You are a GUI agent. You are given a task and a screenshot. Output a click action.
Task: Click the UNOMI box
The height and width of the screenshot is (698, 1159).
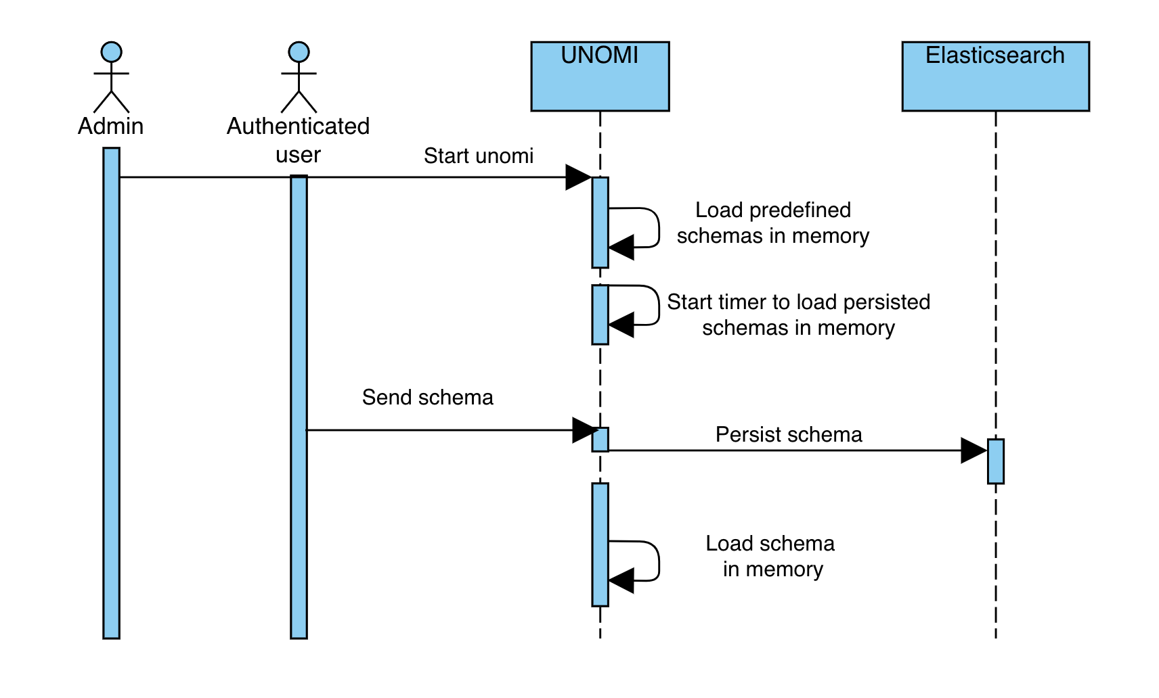(600, 76)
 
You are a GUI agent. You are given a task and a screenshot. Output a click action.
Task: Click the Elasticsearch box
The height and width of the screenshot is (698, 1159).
(995, 76)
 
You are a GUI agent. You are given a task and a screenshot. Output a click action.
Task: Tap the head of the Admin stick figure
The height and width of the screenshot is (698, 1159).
(111, 52)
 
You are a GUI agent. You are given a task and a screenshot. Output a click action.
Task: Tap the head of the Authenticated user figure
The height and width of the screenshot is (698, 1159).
(299, 52)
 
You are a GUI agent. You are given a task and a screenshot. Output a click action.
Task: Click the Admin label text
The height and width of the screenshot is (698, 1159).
(111, 126)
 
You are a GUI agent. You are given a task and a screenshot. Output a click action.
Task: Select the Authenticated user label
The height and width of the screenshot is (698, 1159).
(299, 140)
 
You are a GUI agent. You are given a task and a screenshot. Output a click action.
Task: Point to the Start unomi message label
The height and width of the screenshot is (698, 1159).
(478, 156)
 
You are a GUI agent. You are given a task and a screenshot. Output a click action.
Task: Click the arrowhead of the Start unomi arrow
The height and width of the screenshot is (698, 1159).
(579, 178)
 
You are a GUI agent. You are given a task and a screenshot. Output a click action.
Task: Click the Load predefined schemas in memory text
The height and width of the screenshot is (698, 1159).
(772, 223)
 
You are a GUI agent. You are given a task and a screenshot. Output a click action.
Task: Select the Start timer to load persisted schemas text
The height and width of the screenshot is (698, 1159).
(798, 315)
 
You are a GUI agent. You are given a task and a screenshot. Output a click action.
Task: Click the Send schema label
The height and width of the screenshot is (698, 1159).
(427, 397)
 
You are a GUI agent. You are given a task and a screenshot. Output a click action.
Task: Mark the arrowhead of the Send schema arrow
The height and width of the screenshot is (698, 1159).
(585, 430)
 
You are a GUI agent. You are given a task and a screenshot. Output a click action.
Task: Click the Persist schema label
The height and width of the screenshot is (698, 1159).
(789, 434)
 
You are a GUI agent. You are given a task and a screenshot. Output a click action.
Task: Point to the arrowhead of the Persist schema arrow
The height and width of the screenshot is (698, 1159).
(974, 450)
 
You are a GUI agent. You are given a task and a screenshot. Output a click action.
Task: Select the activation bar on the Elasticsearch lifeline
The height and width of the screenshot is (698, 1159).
(995, 461)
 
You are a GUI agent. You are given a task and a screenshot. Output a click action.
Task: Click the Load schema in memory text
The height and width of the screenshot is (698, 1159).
(771, 556)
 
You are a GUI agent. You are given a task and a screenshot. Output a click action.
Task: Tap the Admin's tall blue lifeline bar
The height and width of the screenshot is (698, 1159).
(111, 392)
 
